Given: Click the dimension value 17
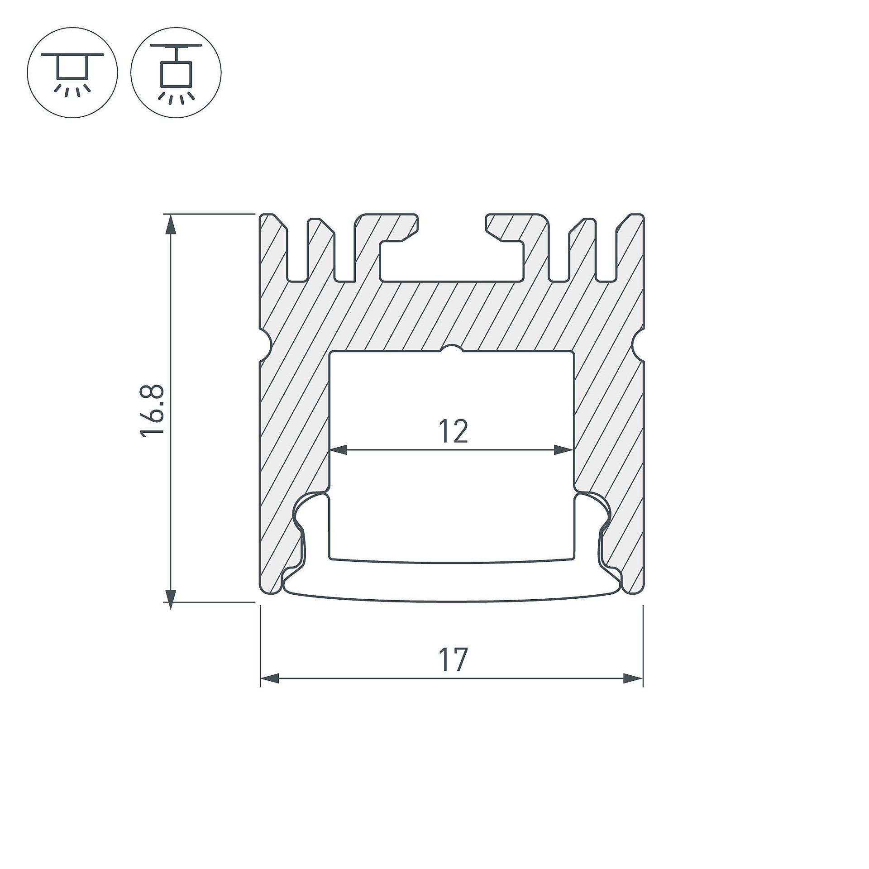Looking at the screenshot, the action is (x=453, y=660).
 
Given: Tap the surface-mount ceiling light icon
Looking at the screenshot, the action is (x=72, y=72).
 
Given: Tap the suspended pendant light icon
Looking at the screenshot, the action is (x=176, y=72).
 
